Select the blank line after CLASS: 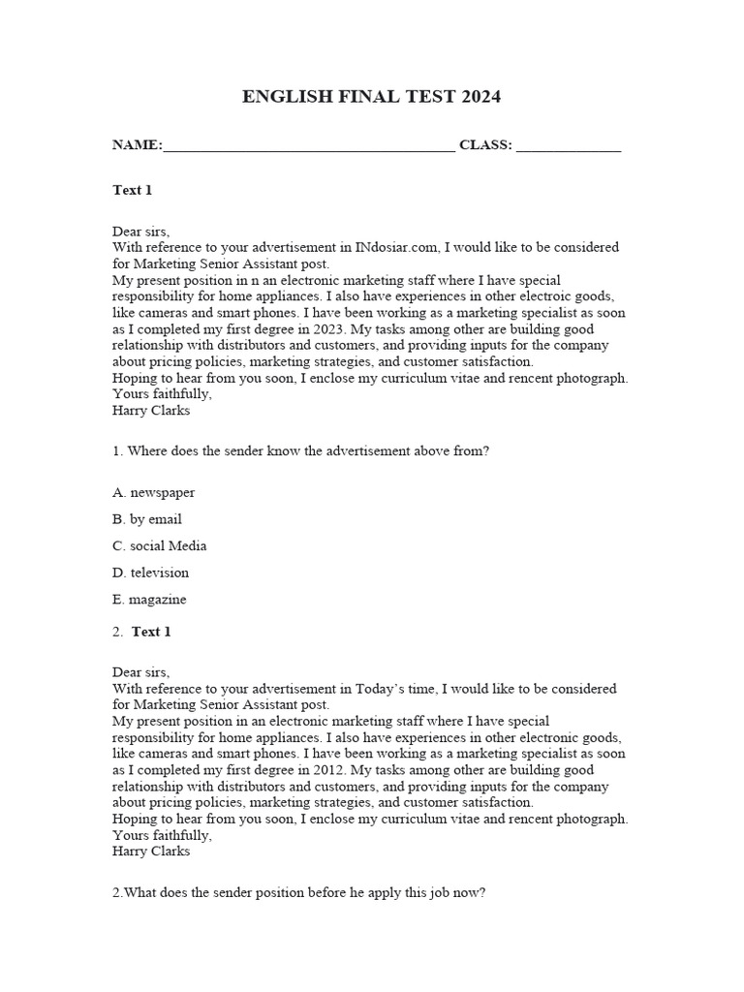click(x=569, y=147)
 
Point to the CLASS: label click(x=485, y=145)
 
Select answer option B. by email click(x=147, y=519)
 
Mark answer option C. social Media click(x=160, y=545)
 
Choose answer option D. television click(x=151, y=573)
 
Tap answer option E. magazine click(x=150, y=600)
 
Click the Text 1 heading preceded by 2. click(x=151, y=632)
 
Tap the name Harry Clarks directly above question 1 click(x=152, y=410)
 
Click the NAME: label click(x=137, y=145)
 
